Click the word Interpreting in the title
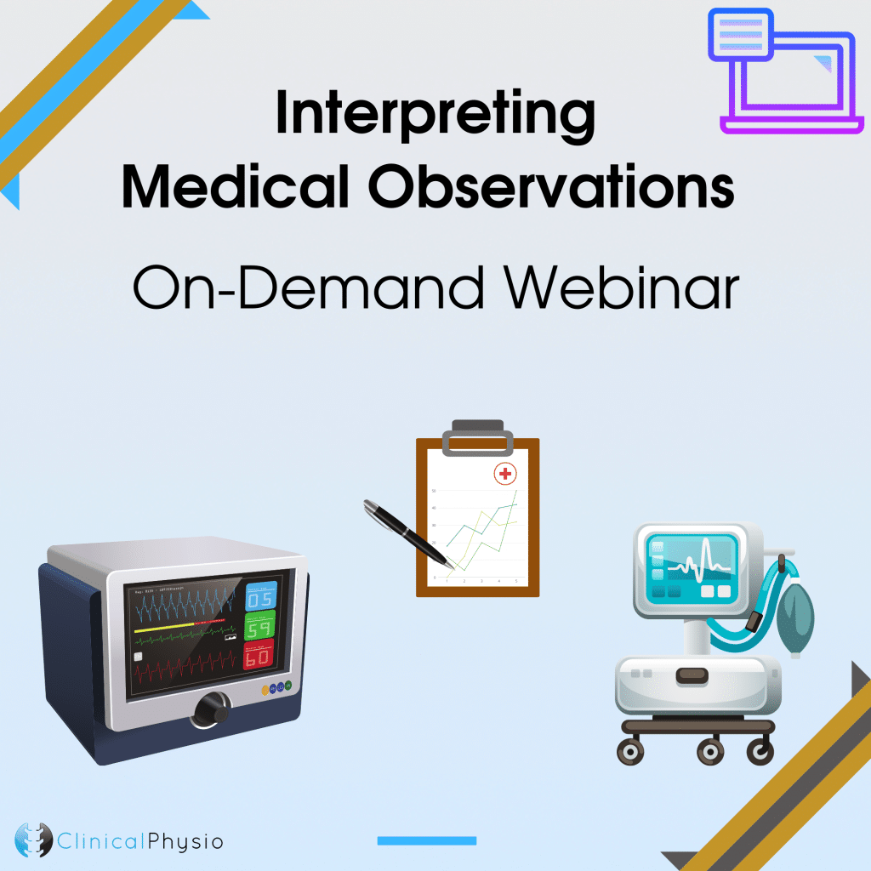click(435, 117)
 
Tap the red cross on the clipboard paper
click(506, 473)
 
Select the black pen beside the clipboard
click(407, 532)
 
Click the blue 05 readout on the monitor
click(261, 598)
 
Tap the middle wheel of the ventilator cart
click(709, 752)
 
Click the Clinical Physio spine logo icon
click(34, 840)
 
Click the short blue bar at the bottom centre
click(426, 840)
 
